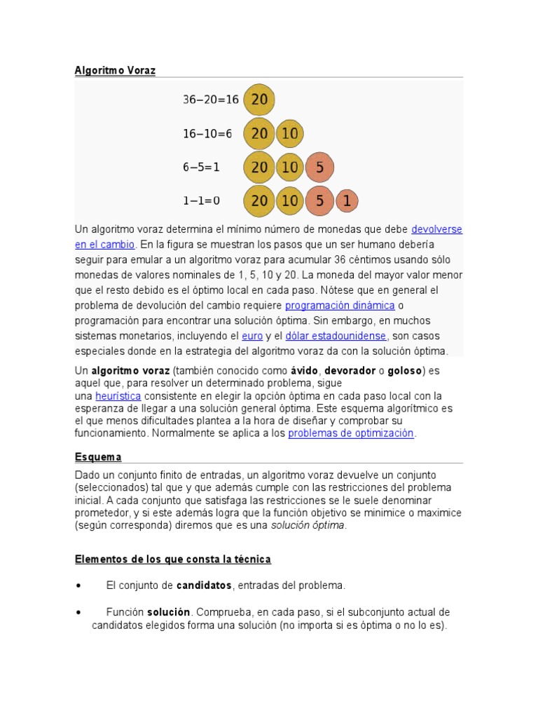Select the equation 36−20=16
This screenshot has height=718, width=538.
click(x=211, y=100)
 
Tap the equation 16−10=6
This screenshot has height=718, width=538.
click(x=207, y=133)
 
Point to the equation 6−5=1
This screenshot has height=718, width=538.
click(x=202, y=167)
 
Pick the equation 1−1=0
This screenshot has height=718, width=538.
click(x=202, y=201)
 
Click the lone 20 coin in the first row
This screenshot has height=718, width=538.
click(x=259, y=100)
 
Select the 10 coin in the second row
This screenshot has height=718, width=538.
click(x=289, y=133)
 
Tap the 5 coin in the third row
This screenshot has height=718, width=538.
click(x=319, y=167)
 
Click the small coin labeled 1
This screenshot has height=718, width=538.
click(x=346, y=201)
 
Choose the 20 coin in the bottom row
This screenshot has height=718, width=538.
click(x=259, y=201)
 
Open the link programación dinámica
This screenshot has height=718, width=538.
click(x=340, y=306)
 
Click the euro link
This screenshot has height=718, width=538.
click(x=252, y=336)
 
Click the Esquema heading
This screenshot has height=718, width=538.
click(x=98, y=457)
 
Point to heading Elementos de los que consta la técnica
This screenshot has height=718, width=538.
click(x=173, y=559)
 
